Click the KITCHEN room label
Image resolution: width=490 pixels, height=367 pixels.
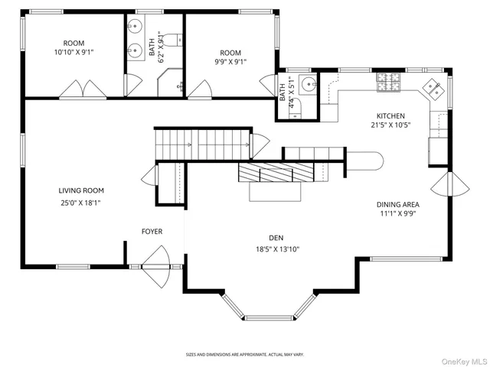click(390, 115)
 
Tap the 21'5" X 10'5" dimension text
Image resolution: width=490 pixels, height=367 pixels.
click(390, 125)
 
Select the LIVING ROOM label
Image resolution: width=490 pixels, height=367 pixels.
click(81, 190)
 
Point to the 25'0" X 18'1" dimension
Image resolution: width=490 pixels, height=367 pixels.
click(81, 203)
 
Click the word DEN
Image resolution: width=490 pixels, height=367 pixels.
click(276, 237)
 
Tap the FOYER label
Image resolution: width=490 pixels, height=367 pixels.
click(152, 231)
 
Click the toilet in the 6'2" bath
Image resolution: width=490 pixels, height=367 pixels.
click(172, 41)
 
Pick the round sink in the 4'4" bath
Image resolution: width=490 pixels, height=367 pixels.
click(307, 84)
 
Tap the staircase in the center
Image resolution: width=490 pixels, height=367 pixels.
click(202, 142)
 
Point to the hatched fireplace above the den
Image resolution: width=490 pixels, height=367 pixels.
click(276, 173)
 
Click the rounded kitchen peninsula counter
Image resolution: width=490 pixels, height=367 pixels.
click(366, 160)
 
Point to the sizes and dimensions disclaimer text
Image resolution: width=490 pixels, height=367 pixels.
click(245, 355)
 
